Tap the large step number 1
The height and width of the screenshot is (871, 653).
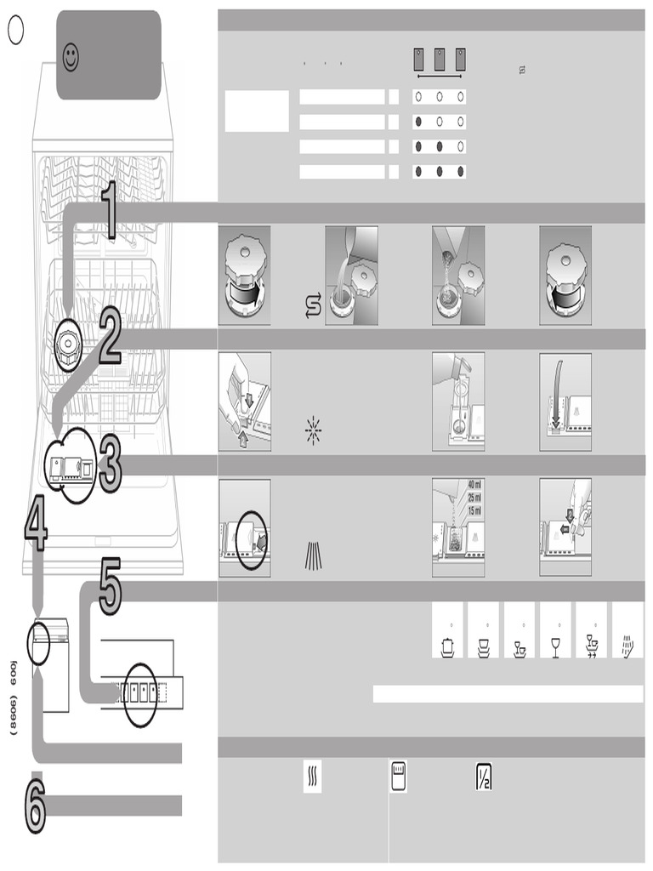point(110,211)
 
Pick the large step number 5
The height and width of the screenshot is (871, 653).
point(111,587)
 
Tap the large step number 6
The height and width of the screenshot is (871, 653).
point(34,805)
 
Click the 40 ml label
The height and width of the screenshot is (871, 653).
point(474,486)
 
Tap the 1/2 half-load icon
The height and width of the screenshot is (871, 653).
point(484,777)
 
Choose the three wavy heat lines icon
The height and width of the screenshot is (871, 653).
point(312,777)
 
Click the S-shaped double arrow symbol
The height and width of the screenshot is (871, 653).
point(312,305)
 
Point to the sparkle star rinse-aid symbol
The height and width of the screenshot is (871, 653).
point(313,431)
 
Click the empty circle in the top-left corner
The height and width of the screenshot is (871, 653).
point(15,31)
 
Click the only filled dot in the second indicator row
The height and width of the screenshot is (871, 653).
point(418,122)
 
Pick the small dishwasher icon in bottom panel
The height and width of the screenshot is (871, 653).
point(398,777)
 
